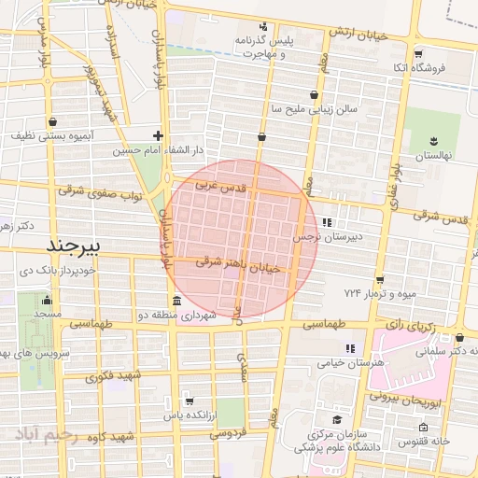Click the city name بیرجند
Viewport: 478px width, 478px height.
tap(78, 246)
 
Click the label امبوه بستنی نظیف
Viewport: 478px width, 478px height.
tap(51, 135)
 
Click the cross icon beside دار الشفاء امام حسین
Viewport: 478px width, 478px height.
tap(157, 135)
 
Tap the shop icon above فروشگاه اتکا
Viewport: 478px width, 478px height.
tap(417, 54)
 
